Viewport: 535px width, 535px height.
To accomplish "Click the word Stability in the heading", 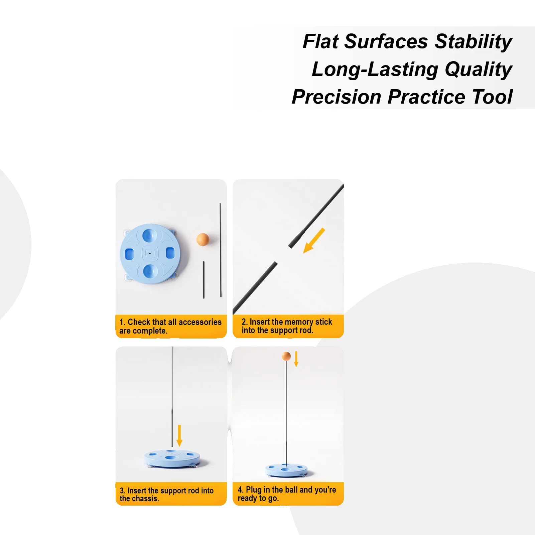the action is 474,41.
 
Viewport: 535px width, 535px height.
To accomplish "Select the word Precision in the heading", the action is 337,97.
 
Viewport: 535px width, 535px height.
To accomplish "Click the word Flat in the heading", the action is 321,41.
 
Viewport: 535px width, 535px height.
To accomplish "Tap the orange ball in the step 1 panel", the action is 203,239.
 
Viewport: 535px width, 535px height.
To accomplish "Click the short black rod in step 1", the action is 204,280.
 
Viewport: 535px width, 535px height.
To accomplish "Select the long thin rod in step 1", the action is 221,250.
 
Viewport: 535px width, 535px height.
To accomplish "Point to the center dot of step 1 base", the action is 150,253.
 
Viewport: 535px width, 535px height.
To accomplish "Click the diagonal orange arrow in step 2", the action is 314,241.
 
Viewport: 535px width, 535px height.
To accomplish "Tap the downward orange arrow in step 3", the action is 179,435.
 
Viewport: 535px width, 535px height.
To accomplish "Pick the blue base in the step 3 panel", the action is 172,459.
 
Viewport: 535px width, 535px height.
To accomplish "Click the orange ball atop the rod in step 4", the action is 286,356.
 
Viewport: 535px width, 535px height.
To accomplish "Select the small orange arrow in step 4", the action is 296,359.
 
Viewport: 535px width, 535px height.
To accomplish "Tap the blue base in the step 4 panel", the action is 286,470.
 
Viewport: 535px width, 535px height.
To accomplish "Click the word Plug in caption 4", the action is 254,490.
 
